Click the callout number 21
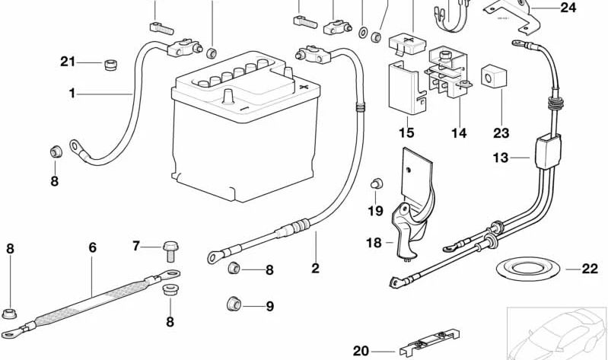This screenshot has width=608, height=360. click(68, 62)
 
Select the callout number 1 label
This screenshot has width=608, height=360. click(72, 94)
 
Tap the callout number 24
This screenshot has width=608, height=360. click(568, 8)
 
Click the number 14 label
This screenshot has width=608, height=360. click(458, 133)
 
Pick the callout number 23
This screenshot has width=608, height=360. click(500, 133)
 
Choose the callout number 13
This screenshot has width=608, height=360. click(499, 158)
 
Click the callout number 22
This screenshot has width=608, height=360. click(590, 269)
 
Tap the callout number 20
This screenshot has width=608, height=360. click(361, 351)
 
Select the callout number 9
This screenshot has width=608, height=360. click(269, 307)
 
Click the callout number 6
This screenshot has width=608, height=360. click(93, 247)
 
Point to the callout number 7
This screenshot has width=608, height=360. click(136, 246)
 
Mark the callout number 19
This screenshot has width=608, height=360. click(376, 211)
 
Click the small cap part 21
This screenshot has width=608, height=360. click(110, 63)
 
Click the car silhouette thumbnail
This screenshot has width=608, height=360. click(556, 333)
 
